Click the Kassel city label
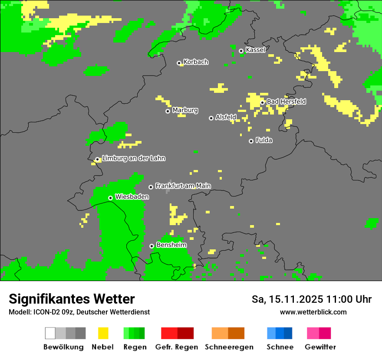pos(255,50)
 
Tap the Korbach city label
pos(196,62)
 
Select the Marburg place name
pos(185,110)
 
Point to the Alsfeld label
pos(226,117)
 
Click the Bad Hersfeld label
pos(286,101)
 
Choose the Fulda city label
pos(264,140)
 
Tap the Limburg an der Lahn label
pos(134,158)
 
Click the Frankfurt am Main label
pos(183,186)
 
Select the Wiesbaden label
pos(132,197)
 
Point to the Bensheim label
pos(171,245)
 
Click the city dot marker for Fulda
pos(251,141)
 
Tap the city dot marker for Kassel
pos(241,51)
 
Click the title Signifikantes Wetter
pos(72,299)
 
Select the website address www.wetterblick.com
pos(313,312)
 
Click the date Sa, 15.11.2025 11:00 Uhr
pos(311,299)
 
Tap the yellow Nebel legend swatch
pos(103,333)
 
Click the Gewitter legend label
pos(320,347)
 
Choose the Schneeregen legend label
pos(229,347)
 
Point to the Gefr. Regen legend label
pos(177,347)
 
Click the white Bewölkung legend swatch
pos(50,333)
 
